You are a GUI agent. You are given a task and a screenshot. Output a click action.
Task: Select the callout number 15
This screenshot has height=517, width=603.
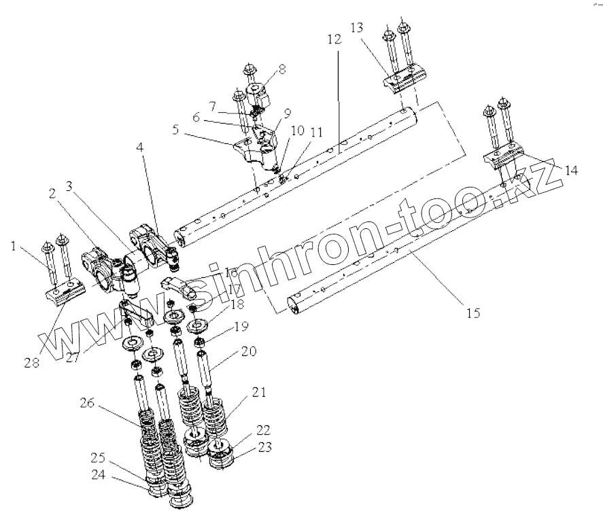[472, 314]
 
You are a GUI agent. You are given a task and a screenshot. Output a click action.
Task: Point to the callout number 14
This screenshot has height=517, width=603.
[572, 171]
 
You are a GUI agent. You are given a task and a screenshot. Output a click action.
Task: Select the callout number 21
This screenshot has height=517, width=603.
[258, 392]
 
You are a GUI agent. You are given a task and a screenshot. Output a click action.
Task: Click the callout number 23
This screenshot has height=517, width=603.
[264, 447]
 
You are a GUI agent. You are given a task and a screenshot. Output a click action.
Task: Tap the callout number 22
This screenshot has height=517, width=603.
[263, 429]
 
